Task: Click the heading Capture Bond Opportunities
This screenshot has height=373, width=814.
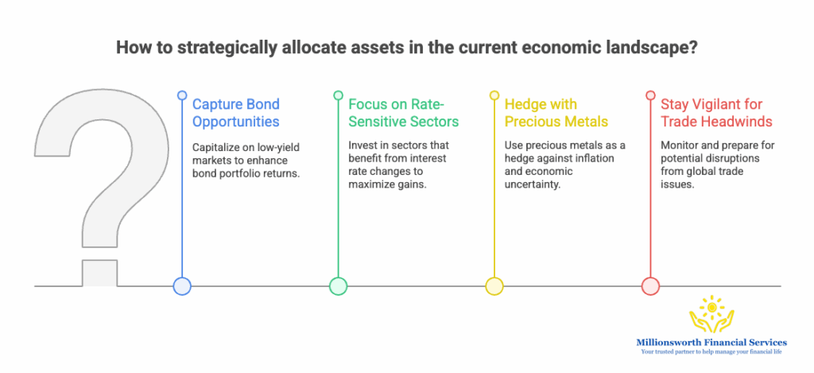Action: [236, 113]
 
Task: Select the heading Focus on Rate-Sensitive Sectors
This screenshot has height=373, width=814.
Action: [403, 113]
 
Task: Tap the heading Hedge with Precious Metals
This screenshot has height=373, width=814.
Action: [556, 113]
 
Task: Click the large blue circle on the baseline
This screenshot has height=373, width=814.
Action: [182, 286]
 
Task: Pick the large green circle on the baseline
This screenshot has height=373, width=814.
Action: [338, 286]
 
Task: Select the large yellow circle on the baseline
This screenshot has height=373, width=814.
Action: [494, 286]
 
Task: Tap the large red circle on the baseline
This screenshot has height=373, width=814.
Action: [650, 286]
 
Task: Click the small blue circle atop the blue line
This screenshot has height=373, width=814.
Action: [182, 95]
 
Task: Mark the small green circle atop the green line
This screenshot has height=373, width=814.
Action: [338, 95]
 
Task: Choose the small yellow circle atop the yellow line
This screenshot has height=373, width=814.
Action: [494, 95]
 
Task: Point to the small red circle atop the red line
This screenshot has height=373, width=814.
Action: [650, 95]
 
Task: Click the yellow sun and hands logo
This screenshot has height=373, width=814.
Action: [711, 315]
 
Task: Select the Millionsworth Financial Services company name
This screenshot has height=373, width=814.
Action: [711, 342]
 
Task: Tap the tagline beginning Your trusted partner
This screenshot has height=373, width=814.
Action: [711, 352]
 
